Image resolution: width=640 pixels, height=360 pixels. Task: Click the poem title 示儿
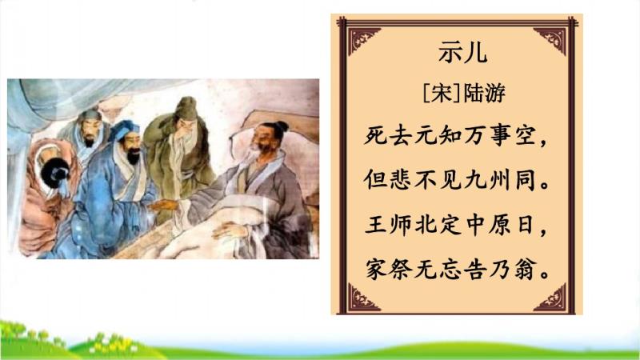click(x=462, y=53)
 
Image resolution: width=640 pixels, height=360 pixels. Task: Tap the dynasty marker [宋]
click(x=442, y=93)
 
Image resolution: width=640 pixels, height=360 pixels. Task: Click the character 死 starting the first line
click(x=376, y=135)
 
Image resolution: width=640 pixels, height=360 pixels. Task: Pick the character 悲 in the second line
click(x=401, y=180)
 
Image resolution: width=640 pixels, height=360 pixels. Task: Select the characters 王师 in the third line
click(x=388, y=226)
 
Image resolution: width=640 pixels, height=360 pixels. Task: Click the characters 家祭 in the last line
click(x=388, y=270)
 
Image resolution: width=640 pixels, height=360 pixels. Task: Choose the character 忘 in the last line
click(x=450, y=270)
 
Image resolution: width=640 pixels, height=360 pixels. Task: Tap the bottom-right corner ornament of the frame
click(x=553, y=298)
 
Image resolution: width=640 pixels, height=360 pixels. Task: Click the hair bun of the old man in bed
click(x=282, y=126)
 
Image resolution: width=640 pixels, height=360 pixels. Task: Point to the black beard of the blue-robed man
click(x=134, y=156)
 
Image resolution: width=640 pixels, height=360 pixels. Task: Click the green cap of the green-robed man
click(x=186, y=108)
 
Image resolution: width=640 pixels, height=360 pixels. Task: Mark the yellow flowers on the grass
click(x=112, y=345)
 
